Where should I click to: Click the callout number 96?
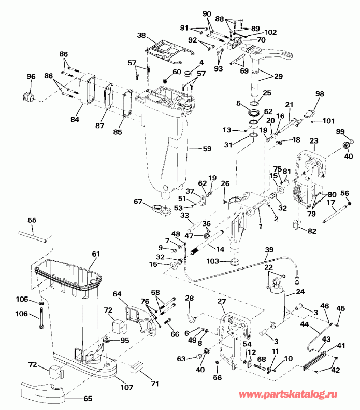tap(31, 77)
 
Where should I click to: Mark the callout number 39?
tap(269, 250)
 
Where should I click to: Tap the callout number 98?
tap(320, 94)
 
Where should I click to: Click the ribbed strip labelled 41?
tap(313, 359)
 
